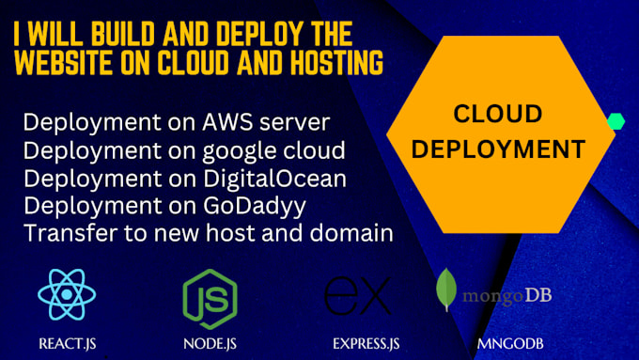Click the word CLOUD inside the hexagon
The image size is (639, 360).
click(498, 115)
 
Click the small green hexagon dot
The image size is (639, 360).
click(616, 121)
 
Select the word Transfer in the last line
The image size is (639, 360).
click(60, 230)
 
